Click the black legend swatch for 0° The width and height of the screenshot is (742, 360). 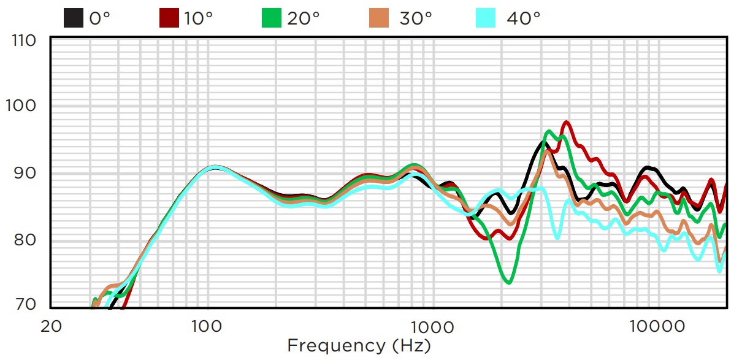tap(74, 18)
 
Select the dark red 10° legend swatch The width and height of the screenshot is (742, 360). tap(169, 18)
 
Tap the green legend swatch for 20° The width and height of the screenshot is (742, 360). tap(272, 18)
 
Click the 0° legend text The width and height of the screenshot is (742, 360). tap(100, 18)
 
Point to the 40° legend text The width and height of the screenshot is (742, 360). tap(523, 18)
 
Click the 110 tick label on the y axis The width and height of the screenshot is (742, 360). tap(25, 40)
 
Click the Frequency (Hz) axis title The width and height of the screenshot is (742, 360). tap(359, 345)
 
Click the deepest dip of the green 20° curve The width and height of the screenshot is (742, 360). tap(509, 283)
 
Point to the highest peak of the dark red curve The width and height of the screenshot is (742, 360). tap(567, 122)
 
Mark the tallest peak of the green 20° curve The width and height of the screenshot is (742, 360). tap(549, 131)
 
